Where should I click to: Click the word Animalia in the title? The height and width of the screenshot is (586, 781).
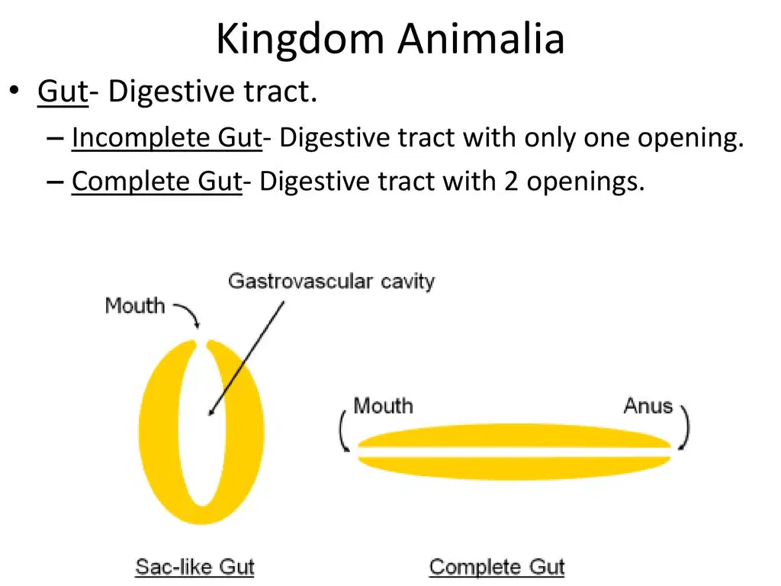coord(481,38)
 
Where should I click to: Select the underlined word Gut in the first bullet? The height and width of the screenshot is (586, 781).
coord(63,92)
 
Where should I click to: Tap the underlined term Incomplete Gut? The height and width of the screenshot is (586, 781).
coord(167,137)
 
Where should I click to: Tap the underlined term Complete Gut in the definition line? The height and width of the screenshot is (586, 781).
coord(157,181)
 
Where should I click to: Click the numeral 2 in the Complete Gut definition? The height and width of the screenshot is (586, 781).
coord(510,182)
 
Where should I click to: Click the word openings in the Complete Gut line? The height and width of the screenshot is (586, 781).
coord(586,182)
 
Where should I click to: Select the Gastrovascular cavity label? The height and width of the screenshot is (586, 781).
coord(331,282)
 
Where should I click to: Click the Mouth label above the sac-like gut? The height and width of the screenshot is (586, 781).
coord(134,305)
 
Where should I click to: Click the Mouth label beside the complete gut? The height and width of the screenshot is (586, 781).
coord(383,406)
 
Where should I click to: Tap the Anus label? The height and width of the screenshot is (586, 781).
coord(648,406)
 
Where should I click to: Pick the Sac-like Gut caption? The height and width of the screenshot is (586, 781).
coord(194,567)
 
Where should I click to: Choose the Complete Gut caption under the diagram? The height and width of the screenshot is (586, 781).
coord(497,567)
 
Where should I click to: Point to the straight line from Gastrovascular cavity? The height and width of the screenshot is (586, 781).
coord(246,358)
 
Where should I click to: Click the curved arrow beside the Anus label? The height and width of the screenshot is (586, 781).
coord(687,427)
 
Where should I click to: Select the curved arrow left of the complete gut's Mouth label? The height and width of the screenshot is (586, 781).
coord(341,432)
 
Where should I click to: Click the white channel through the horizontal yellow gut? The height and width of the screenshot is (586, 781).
coord(514,452)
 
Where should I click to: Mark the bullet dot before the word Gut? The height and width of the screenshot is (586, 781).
coord(14,91)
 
